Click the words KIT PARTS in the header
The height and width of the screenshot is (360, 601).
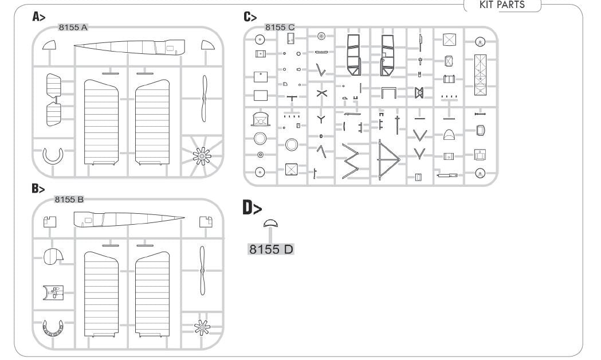click(502, 5)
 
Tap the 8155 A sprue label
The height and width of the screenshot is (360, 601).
click(73, 28)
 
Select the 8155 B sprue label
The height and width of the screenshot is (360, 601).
click(69, 199)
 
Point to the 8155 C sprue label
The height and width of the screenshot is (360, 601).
click(280, 28)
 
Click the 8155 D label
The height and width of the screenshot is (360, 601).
click(271, 249)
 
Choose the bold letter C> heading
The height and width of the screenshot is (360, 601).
click(250, 17)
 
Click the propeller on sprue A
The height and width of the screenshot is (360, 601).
click(204, 99)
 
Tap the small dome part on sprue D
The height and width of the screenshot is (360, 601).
click(271, 224)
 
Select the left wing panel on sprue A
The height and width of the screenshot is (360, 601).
click(101, 122)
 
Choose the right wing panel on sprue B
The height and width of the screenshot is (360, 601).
click(152, 293)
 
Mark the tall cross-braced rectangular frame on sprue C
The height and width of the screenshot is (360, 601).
click(480, 75)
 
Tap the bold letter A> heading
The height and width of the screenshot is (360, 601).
click(39, 17)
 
